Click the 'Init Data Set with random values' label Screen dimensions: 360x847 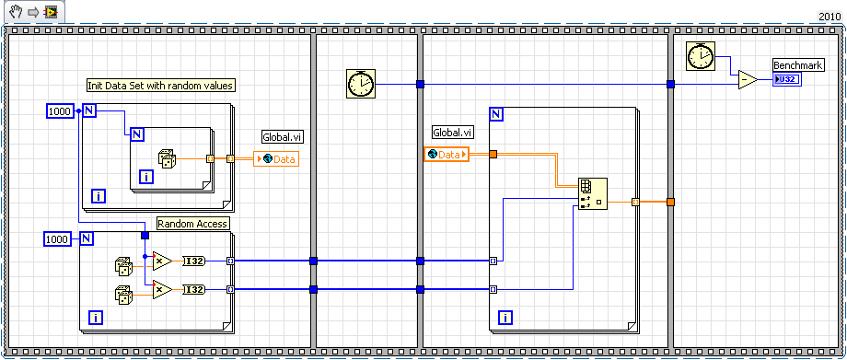(x=160, y=86)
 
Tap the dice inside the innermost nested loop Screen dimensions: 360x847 (x=168, y=158)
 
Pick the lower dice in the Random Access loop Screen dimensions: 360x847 (x=122, y=295)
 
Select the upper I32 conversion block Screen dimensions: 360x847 (x=194, y=261)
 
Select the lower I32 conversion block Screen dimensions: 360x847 (x=194, y=290)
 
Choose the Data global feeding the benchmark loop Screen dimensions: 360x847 (x=447, y=154)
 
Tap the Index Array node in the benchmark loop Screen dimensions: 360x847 (x=589, y=193)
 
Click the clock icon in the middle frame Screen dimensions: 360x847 (x=361, y=84)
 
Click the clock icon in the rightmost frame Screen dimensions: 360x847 (x=702, y=57)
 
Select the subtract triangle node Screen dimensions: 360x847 (x=746, y=80)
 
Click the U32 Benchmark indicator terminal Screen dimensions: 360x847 (x=788, y=80)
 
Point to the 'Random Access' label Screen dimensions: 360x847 (x=192, y=224)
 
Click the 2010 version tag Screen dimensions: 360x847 (x=830, y=17)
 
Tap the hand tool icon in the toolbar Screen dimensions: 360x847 (x=11, y=11)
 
